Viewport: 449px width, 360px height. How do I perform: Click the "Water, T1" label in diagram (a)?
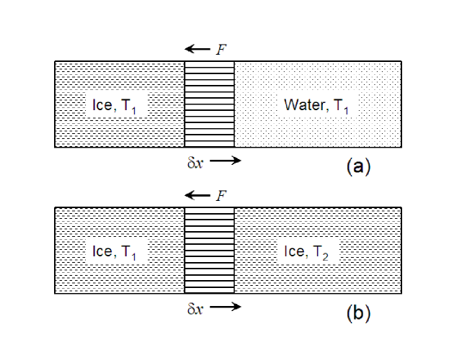coord(317,105)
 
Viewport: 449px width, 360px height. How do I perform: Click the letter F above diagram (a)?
coord(221,49)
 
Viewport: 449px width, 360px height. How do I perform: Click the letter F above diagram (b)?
coord(221,195)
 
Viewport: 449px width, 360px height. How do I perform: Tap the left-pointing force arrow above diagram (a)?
coord(196,49)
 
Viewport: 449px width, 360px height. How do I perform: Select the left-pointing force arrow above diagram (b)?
coord(196,195)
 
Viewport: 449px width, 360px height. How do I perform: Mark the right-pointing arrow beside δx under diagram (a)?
coord(225,161)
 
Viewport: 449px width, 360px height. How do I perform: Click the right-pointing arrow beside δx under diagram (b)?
coord(225,307)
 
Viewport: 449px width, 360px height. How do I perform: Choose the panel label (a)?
coord(358,167)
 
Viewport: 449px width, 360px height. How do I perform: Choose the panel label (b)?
coord(358,313)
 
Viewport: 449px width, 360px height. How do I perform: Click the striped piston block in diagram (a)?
coord(210,105)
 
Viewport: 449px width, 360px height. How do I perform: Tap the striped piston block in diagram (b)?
coord(210,251)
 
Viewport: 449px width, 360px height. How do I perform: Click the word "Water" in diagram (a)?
coord(303,105)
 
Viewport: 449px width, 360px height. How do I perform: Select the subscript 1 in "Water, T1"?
coord(346,109)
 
